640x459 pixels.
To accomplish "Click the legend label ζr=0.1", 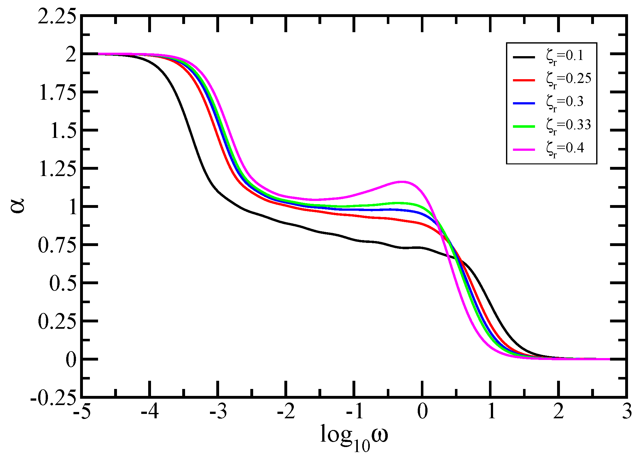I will click(565, 57).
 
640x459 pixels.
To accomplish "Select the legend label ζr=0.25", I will click(569, 80).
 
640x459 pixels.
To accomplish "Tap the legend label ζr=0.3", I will click(565, 103).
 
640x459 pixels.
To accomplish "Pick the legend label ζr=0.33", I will click(569, 126).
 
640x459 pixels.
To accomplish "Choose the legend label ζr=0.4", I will click(565, 149).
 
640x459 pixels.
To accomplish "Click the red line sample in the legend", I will click(524, 80).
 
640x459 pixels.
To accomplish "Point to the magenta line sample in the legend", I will click(524, 149).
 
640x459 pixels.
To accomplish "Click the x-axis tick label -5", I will click(82, 412).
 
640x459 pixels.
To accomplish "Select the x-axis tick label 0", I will click(422, 412).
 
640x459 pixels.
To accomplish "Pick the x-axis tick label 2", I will click(558, 412).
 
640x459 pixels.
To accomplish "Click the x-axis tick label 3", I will click(627, 412).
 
